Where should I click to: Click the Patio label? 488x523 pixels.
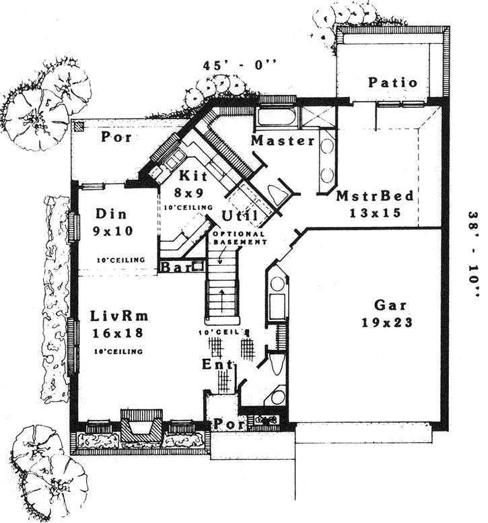pos(392,83)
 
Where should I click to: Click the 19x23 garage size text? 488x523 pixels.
pos(385,322)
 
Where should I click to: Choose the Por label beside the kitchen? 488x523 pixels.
pos(115,137)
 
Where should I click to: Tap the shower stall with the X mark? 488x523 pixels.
pos(316,115)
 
